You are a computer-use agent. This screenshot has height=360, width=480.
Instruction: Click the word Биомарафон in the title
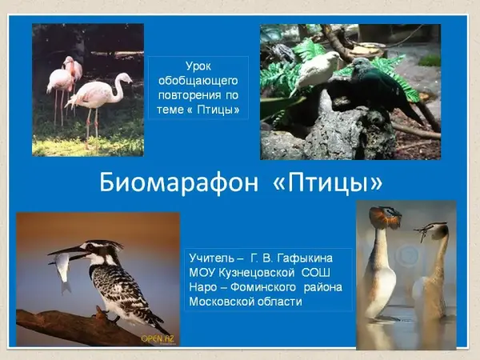(178, 182)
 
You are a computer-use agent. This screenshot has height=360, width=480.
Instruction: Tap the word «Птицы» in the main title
(327, 182)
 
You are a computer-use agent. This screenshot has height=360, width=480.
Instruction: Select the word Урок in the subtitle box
(198, 66)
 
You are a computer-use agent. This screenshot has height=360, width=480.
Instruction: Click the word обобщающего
(198, 81)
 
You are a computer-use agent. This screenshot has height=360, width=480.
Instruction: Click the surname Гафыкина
(305, 258)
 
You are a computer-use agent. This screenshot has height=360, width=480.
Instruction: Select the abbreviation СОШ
(316, 273)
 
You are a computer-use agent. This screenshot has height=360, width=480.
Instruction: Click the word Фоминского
(263, 287)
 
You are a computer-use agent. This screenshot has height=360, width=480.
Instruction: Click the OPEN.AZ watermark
(158, 338)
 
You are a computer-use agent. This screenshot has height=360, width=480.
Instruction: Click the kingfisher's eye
(90, 246)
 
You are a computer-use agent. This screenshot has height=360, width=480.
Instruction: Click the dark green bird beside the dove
(382, 86)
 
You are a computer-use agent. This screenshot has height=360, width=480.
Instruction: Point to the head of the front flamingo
(125, 78)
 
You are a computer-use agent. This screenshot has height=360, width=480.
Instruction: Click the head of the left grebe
(385, 216)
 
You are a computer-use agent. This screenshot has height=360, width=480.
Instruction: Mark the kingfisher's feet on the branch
(106, 315)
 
